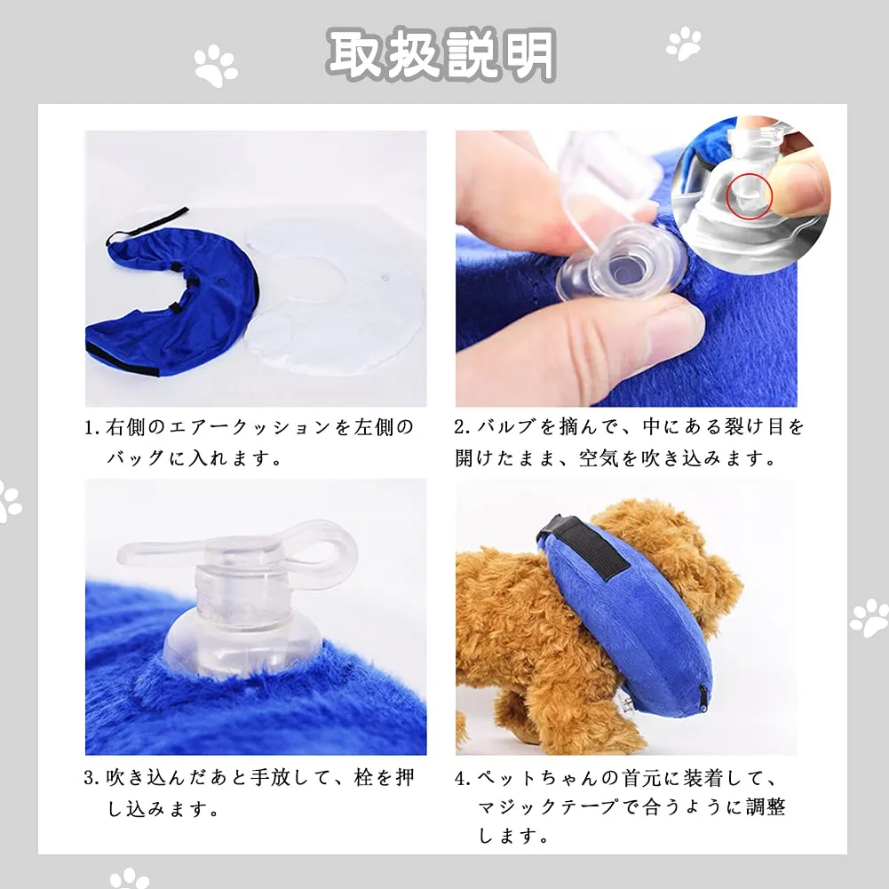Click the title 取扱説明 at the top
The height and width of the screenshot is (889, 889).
(x=441, y=54)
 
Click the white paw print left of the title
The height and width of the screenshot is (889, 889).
(x=216, y=66)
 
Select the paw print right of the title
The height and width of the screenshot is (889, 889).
(x=683, y=44)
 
